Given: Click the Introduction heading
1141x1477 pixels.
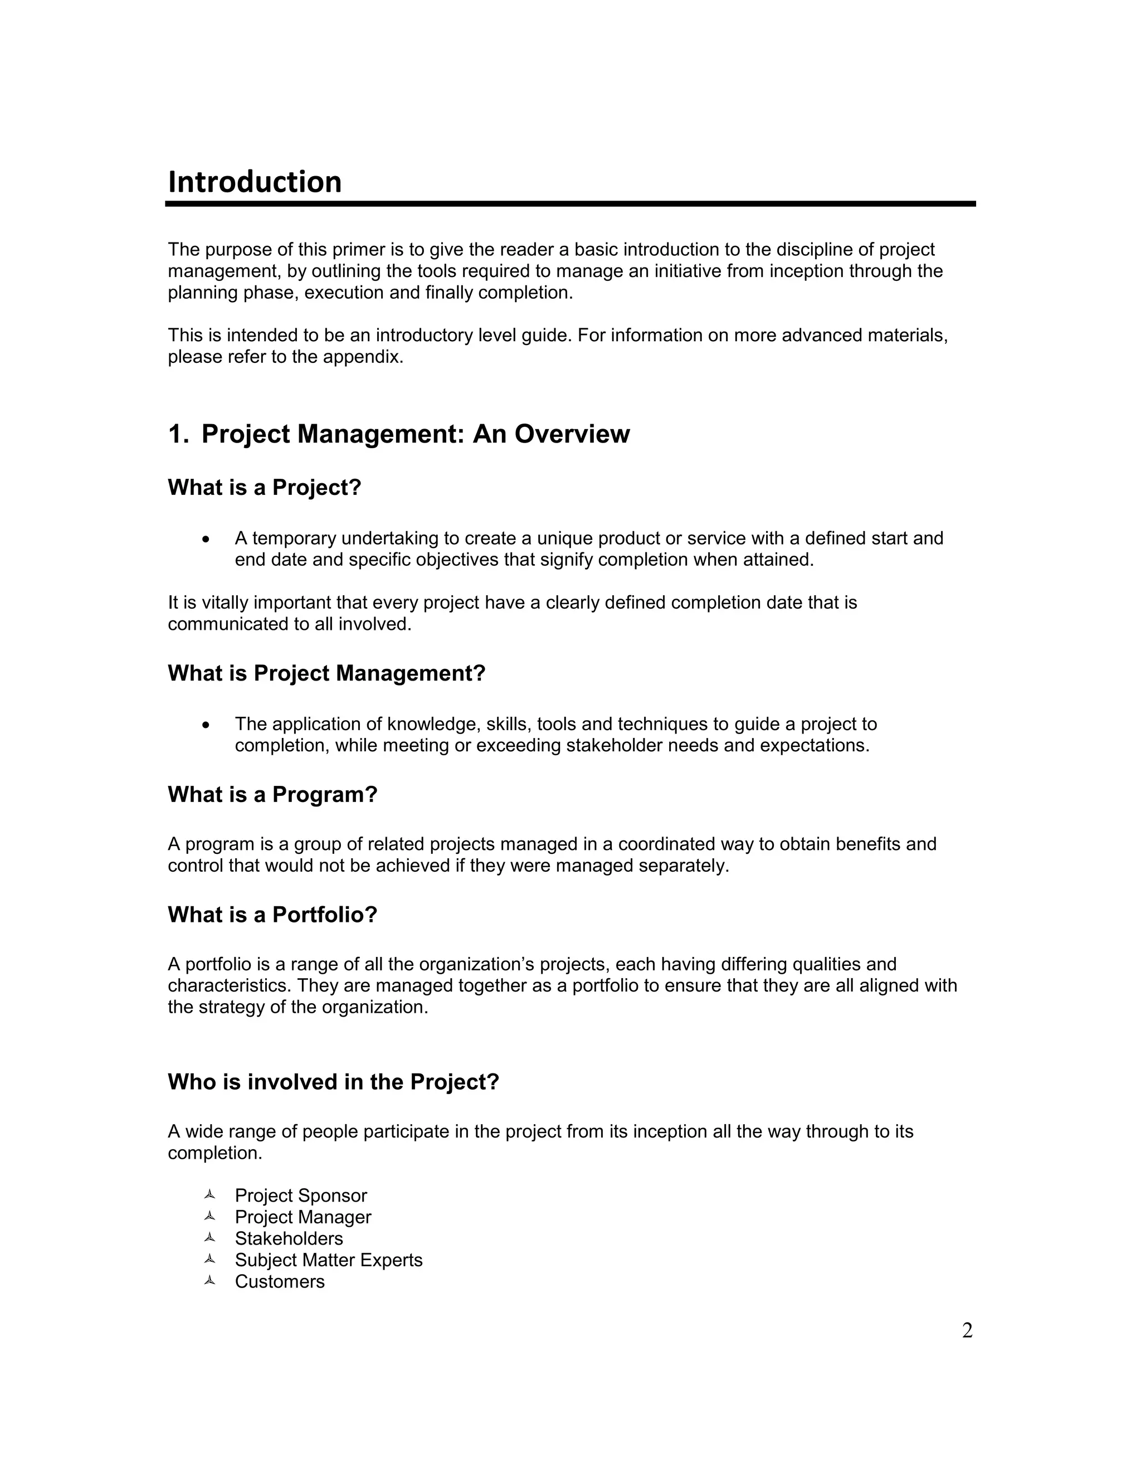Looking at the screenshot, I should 254,182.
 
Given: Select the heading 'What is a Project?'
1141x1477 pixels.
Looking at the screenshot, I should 264,488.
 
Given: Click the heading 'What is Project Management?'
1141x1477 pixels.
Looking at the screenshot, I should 326,674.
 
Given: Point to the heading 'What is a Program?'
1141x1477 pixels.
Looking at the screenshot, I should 272,795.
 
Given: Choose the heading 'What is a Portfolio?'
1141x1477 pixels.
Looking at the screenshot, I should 272,915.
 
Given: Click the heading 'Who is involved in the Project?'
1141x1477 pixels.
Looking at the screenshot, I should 333,1082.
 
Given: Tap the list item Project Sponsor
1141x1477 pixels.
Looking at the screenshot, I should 301,1196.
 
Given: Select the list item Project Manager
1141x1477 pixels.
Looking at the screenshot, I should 303,1217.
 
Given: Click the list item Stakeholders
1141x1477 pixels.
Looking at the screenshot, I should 289,1239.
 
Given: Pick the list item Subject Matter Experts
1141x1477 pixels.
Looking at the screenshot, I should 329,1261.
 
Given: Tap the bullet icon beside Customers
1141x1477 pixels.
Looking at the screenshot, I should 209,1281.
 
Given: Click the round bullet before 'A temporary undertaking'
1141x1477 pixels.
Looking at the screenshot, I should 206,539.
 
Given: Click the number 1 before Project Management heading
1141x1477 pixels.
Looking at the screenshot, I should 175,434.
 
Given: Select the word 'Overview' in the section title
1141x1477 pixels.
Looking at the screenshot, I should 572,434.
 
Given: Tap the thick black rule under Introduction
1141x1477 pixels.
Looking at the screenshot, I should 570,203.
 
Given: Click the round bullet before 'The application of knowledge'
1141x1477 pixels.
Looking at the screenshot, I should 206,725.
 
